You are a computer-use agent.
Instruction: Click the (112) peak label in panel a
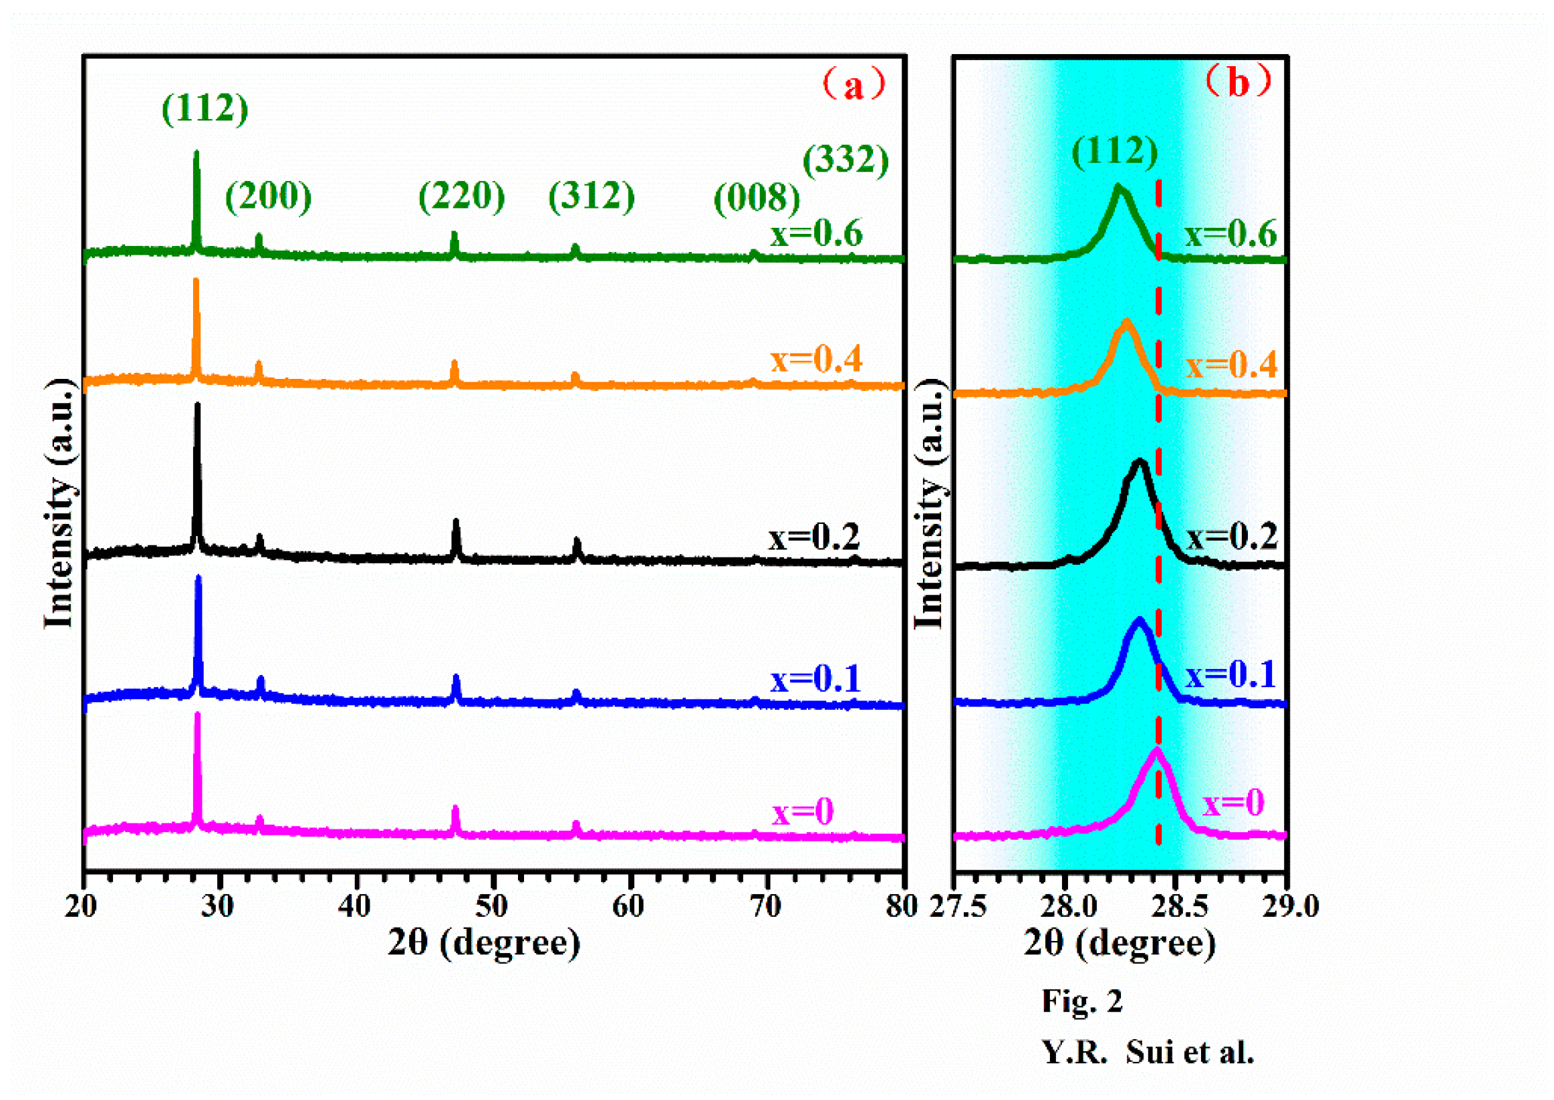click(205, 108)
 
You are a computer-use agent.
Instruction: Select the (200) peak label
click(268, 197)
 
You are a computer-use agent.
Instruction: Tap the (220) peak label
click(461, 197)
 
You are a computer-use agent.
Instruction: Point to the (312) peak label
click(592, 197)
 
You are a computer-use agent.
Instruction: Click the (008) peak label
click(757, 198)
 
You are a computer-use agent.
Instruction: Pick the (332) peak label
click(846, 160)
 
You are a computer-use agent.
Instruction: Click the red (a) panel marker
click(854, 86)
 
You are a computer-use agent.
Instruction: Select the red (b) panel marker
click(1238, 82)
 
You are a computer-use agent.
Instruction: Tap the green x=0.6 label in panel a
click(815, 234)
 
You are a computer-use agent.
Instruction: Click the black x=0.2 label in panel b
click(1231, 537)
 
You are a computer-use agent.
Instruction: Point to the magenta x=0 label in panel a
click(802, 811)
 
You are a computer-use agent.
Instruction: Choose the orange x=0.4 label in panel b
click(1231, 365)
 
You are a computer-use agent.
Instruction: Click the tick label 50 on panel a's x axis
click(491, 906)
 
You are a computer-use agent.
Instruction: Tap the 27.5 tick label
click(957, 906)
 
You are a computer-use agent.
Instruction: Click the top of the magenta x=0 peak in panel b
click(1156, 750)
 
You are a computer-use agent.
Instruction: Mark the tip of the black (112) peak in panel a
click(197, 405)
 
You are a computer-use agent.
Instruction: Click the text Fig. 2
click(1081, 1001)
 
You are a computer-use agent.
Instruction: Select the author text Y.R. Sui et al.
click(1148, 1052)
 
